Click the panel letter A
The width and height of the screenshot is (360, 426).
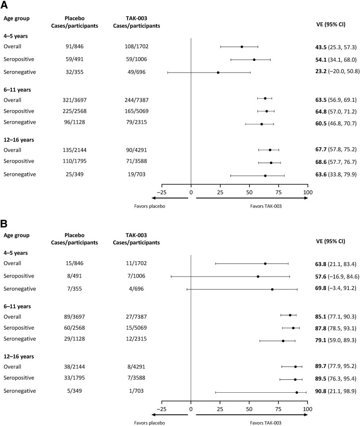(x=4, y=4)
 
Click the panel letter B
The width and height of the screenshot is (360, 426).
(x=4, y=224)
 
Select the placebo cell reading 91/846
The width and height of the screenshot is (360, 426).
(x=74, y=47)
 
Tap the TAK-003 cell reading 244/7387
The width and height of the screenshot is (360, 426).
(x=137, y=100)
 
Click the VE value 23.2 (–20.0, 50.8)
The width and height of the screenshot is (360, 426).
(x=337, y=71)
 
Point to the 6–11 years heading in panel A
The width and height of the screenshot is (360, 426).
(x=17, y=90)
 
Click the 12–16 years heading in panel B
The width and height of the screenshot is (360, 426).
(x=19, y=356)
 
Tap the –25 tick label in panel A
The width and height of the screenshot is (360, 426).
(x=162, y=192)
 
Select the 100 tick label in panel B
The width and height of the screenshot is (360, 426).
(x=307, y=409)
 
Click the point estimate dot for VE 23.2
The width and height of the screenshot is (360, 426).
(x=218, y=72)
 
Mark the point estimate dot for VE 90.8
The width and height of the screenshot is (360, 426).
(x=296, y=392)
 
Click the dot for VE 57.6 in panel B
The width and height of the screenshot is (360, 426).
(x=258, y=277)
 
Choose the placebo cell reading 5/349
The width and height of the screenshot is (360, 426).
(x=74, y=391)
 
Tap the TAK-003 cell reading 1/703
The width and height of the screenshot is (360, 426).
(x=136, y=391)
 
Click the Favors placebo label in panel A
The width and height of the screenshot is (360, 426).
(x=149, y=206)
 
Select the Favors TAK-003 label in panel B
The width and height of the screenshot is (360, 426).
(x=266, y=423)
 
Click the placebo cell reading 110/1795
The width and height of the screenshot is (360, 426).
(x=74, y=161)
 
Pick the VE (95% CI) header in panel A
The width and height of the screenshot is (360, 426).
(x=331, y=24)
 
